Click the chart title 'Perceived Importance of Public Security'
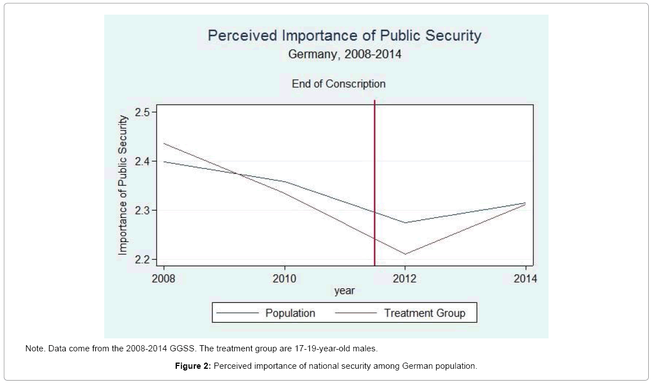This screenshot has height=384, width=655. [x=345, y=36]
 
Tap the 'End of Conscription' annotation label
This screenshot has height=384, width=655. [x=338, y=84]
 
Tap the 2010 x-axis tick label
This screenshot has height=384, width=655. [x=285, y=278]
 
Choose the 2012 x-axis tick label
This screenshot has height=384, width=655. [x=406, y=278]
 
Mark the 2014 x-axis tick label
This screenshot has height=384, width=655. [x=525, y=278]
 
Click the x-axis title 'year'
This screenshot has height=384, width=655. [x=344, y=291]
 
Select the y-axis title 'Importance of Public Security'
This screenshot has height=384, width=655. [x=123, y=186]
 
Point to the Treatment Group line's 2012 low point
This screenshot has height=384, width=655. [x=406, y=254]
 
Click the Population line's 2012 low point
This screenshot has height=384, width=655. [x=406, y=222]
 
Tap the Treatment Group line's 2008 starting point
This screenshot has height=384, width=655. [x=164, y=143]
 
